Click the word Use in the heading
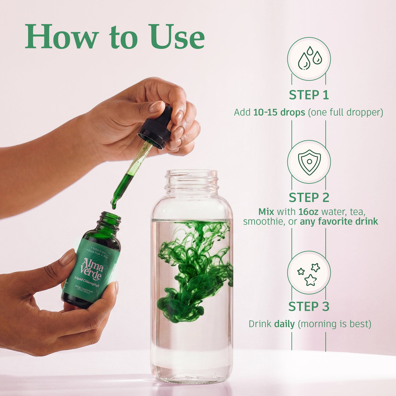click(177, 37)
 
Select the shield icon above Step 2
click(309, 162)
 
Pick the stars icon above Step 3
click(309, 273)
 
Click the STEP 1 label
click(309, 95)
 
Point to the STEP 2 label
click(309, 198)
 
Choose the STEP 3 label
click(309, 307)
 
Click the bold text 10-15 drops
click(279, 112)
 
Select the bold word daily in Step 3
click(284, 324)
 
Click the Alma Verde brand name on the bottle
click(92, 269)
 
